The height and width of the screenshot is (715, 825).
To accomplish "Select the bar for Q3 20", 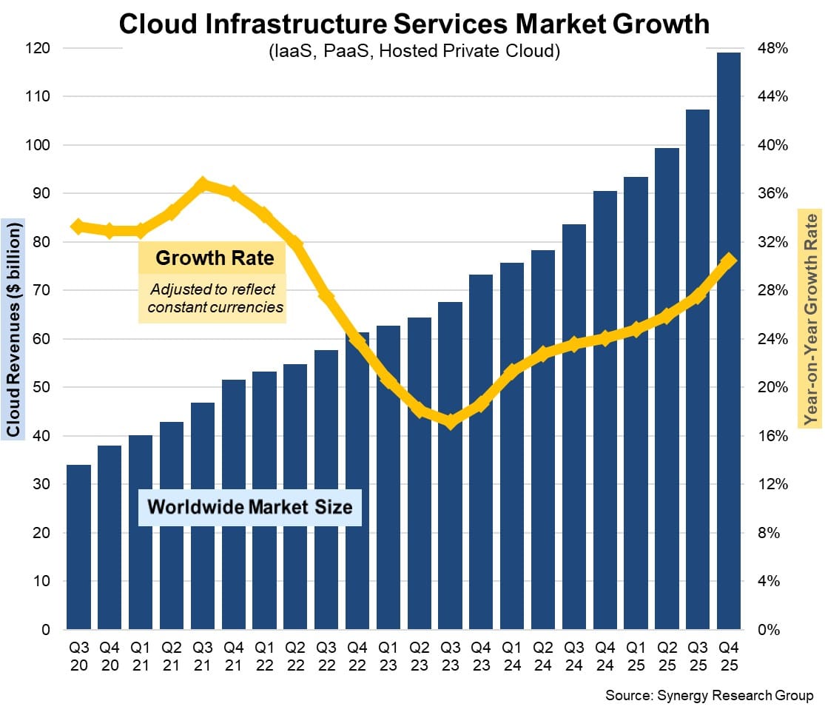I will pyautogui.click(x=79, y=547).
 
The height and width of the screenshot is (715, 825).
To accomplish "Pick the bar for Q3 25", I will pyautogui.click(x=698, y=369).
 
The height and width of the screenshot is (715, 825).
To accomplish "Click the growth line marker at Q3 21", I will pyautogui.click(x=203, y=184).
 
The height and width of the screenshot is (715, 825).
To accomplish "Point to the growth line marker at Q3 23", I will pyautogui.click(x=450, y=421).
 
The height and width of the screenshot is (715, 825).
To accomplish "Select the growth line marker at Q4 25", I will pyautogui.click(x=729, y=261).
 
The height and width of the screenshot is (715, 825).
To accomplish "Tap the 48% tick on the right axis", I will pyautogui.click(x=774, y=48).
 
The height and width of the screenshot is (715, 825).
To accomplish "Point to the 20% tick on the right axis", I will pyautogui.click(x=774, y=387).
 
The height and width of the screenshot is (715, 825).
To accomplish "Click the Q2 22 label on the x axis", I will pyautogui.click(x=295, y=655).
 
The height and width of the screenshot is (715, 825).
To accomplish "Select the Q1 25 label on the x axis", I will pyautogui.click(x=636, y=655).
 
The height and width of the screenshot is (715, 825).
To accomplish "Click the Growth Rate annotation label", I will pyautogui.click(x=215, y=258).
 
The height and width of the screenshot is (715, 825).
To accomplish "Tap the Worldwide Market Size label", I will pyautogui.click(x=250, y=508).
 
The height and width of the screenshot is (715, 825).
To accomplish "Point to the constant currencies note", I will pyautogui.click(x=215, y=298).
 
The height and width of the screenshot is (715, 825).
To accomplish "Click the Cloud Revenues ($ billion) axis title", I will pyautogui.click(x=13, y=328).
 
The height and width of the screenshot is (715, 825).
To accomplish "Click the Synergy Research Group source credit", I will pyautogui.click(x=709, y=696).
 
